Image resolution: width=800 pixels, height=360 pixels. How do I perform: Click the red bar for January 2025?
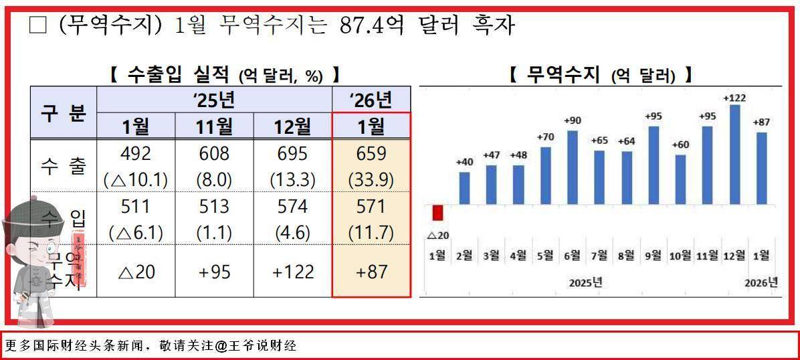click(x=438, y=213)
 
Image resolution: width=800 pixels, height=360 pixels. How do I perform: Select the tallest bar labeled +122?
click(x=734, y=155)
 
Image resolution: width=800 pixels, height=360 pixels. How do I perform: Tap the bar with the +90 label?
click(x=572, y=167)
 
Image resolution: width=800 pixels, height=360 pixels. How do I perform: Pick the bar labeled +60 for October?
click(x=681, y=179)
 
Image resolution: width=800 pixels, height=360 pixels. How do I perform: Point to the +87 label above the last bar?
click(x=762, y=122)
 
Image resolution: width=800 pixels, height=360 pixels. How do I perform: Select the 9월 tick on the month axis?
click(x=654, y=255)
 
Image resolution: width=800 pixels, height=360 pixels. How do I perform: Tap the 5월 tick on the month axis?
click(x=545, y=255)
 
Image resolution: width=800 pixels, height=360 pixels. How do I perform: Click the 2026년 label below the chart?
click(x=762, y=282)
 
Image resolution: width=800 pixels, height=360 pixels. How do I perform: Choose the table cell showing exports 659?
click(x=372, y=153)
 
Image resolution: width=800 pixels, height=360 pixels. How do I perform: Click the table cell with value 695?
click(x=293, y=153)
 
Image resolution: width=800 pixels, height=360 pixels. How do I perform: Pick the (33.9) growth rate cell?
click(x=372, y=179)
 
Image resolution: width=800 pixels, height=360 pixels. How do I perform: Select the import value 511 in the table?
click(x=136, y=206)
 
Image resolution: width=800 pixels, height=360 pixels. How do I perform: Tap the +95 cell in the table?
click(x=215, y=272)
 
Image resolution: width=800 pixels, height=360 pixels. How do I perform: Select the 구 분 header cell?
click(x=64, y=112)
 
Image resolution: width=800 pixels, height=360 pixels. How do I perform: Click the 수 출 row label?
click(x=64, y=166)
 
